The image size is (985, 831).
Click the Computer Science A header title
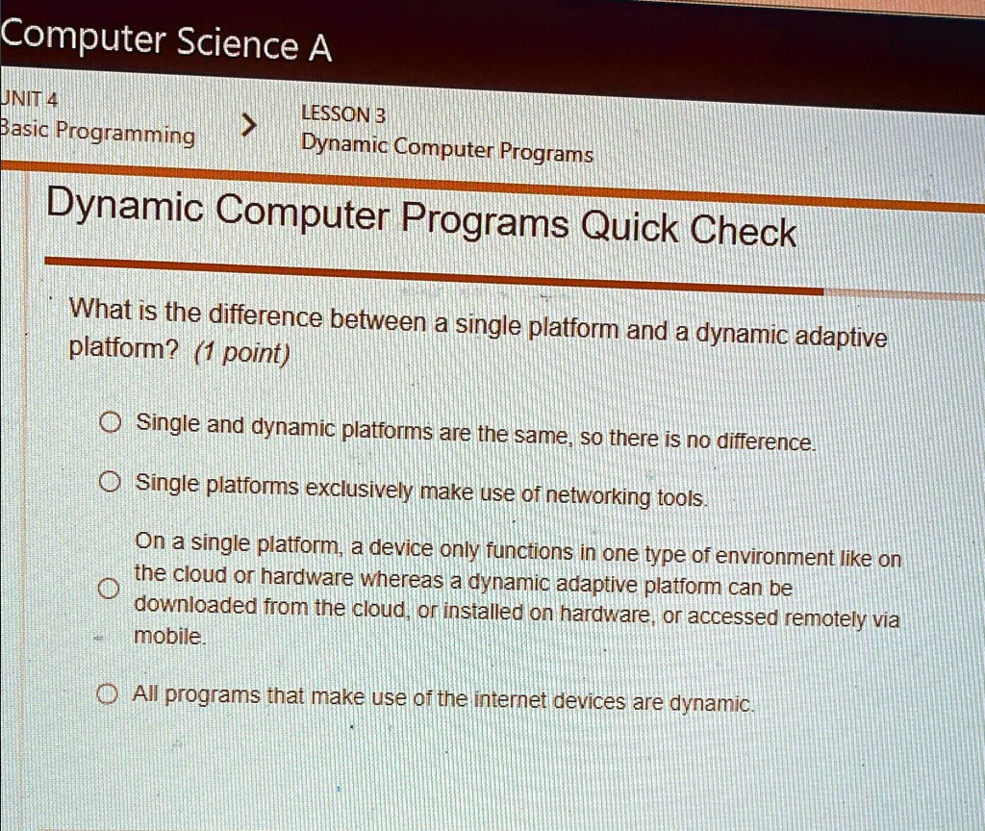click(x=165, y=39)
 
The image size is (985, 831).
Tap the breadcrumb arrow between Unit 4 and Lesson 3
click(x=249, y=125)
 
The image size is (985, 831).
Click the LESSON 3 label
click(x=343, y=114)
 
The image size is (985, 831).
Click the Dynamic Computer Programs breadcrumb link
click(x=446, y=149)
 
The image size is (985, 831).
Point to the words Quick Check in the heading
click(x=690, y=229)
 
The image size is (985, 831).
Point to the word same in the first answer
click(x=544, y=438)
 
